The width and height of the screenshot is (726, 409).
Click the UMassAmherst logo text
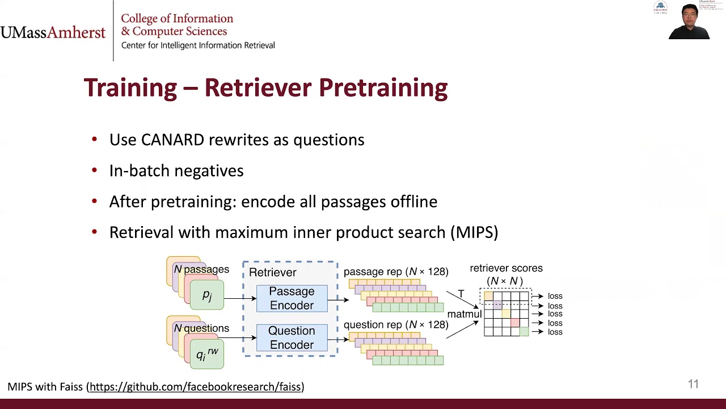point(53,32)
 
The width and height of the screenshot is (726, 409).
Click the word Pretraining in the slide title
point(383,88)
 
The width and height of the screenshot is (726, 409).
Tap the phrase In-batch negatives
point(176,171)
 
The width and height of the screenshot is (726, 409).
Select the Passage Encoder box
point(292,299)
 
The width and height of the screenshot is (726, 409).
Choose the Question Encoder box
point(292,338)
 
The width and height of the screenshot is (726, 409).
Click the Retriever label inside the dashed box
point(272,273)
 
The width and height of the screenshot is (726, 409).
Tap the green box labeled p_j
point(207,295)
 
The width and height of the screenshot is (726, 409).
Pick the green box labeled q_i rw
point(207,354)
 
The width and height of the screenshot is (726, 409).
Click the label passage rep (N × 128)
point(396,272)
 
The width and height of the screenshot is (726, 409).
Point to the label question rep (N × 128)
point(396,325)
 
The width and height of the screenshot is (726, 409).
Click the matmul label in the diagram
point(464,314)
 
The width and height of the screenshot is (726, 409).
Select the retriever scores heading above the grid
point(506,268)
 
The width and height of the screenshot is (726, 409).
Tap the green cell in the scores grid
point(524,332)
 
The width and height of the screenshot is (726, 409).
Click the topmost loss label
point(555,296)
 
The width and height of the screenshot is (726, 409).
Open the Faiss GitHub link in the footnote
point(195,387)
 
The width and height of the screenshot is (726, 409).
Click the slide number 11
point(693,385)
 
